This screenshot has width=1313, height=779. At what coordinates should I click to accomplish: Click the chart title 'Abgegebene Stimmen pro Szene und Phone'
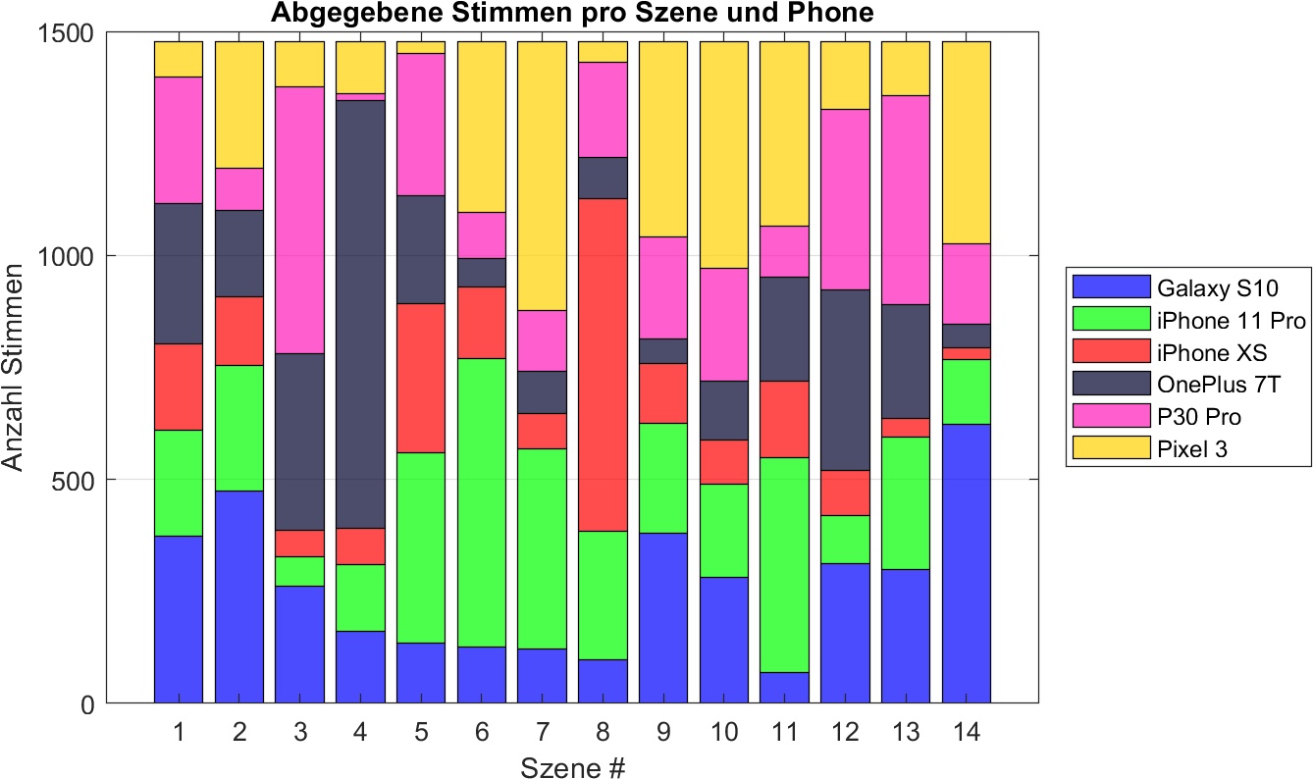(571, 14)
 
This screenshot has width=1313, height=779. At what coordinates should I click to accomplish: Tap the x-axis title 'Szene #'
(573, 766)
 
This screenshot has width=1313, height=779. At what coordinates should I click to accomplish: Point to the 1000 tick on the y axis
(81, 256)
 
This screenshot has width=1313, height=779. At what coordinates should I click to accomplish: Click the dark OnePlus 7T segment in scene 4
(360, 314)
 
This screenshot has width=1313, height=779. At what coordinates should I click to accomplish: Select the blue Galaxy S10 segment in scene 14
(966, 563)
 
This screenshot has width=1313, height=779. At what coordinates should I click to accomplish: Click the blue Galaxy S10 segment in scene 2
(238, 597)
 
